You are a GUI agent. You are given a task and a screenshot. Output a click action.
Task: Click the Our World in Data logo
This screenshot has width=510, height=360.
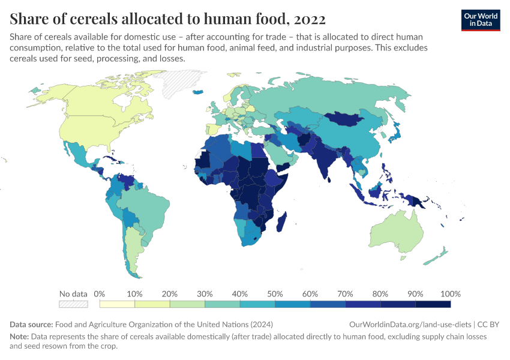(x=480, y=20)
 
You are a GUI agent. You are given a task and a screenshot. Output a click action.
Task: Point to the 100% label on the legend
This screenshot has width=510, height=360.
(x=449, y=294)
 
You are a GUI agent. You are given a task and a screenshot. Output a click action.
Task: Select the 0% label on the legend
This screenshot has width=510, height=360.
(x=100, y=294)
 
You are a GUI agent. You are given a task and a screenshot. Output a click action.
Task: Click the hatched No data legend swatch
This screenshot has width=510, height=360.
(x=73, y=304)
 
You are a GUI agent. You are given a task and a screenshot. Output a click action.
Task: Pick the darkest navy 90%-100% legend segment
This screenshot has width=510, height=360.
(x=433, y=304)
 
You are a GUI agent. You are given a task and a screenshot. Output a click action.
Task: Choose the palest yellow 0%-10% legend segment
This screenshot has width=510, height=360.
(x=117, y=304)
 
